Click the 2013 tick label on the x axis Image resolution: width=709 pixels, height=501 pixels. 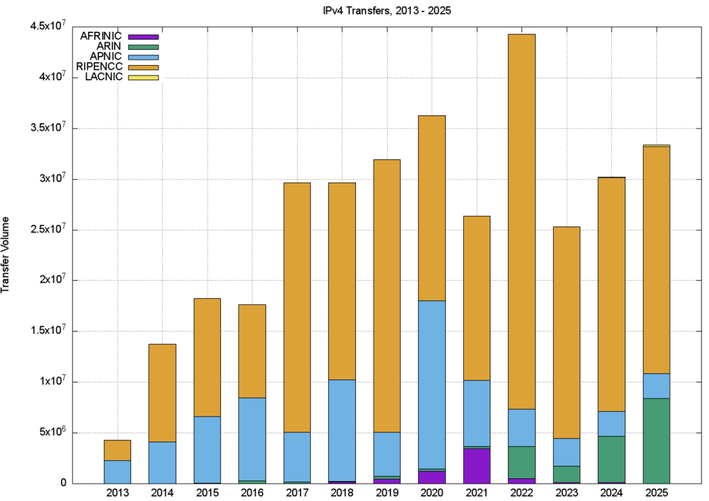coord(117,493)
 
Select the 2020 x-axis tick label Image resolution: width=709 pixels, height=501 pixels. coord(432,493)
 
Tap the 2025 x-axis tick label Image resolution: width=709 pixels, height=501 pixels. coord(656,493)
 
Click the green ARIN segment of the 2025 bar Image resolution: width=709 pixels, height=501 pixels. coord(656,440)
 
